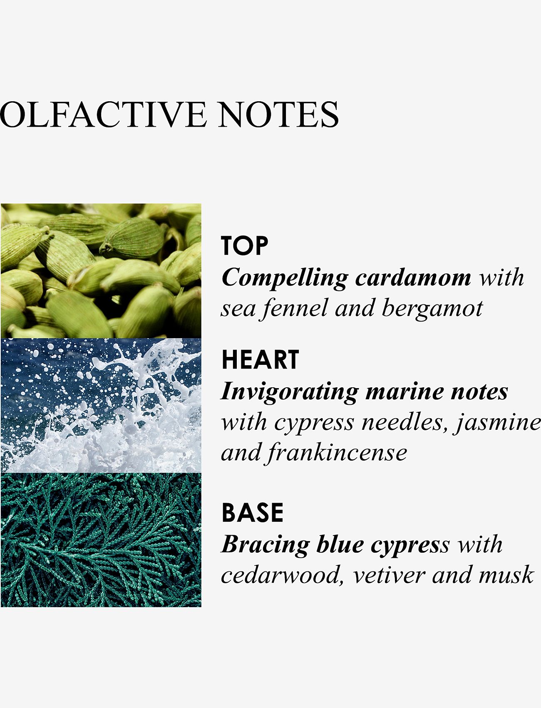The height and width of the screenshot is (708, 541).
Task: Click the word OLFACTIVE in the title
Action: [103, 114]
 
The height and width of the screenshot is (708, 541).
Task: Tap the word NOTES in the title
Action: [278, 114]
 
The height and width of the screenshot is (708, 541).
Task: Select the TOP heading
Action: [245, 245]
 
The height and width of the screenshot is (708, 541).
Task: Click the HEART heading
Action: [260, 359]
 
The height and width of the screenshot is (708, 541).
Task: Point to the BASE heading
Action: [253, 512]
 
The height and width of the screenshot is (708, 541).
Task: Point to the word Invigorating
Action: [289, 393]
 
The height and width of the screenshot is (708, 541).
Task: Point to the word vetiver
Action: [389, 575]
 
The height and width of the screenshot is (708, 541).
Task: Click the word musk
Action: [506, 575]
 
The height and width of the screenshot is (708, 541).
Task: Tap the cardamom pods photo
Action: [101, 271]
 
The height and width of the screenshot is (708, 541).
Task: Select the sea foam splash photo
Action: [101, 406]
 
